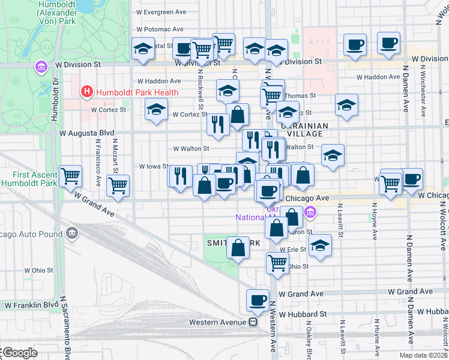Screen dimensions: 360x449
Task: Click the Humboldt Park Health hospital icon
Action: pyautogui.click(x=87, y=92)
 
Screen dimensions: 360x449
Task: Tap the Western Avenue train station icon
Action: pyautogui.click(x=253, y=322)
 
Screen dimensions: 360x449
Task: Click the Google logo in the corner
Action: pyautogui.click(x=19, y=353)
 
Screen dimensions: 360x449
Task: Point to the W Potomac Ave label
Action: pyautogui.click(x=160, y=29)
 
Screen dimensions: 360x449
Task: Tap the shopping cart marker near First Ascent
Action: pyautogui.click(x=71, y=176)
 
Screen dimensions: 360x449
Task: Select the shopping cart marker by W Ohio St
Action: pyautogui.click(x=277, y=262)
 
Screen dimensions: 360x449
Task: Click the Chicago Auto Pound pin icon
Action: pyautogui.click(x=73, y=232)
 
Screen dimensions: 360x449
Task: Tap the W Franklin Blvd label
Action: pyautogui.click(x=28, y=305)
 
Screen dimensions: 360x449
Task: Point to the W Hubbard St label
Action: pyautogui.click(x=302, y=314)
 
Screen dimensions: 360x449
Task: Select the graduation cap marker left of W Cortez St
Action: pyautogui.click(x=156, y=110)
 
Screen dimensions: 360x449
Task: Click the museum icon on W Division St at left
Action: pyautogui.click(x=41, y=65)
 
